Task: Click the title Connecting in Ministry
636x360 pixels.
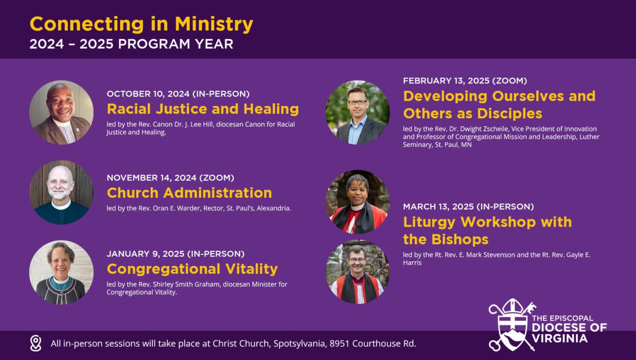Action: point(141,24)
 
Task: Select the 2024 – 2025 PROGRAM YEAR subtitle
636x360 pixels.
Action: point(131,44)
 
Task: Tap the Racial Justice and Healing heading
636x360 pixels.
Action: point(203,109)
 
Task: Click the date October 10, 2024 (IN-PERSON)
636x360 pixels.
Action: point(178,93)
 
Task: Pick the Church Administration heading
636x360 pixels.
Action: point(189,193)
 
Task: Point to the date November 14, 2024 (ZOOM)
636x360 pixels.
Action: point(170,177)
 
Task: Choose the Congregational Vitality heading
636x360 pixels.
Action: point(192,269)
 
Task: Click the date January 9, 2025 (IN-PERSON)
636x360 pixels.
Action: point(175,254)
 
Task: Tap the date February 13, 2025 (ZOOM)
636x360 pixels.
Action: point(465,80)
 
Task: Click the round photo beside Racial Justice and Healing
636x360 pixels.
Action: point(61,112)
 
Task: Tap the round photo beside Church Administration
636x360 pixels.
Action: point(61,192)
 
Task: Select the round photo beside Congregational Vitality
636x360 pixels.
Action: point(61,272)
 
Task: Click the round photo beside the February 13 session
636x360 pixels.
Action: point(358,112)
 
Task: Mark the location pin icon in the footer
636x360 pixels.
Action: point(35,343)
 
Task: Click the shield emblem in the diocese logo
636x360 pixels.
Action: point(512,325)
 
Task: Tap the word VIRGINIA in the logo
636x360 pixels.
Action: point(559,338)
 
